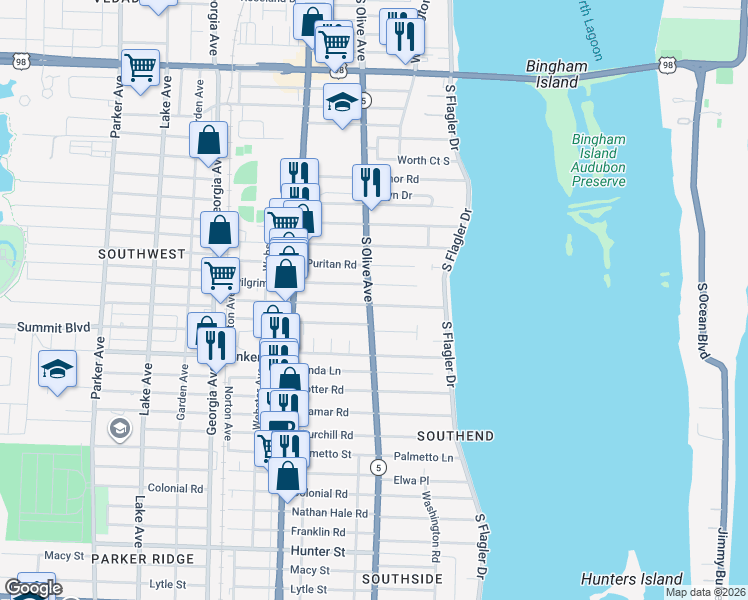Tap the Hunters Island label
pos(632,579)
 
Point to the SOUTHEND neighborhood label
pos(455,436)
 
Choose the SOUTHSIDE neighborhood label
pos(402,579)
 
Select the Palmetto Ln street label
pos(423,457)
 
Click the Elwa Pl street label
pos(411,480)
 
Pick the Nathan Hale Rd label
pos(330,513)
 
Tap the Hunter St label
pos(318,551)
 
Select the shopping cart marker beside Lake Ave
pos(141,68)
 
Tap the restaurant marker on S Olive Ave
pos(371,182)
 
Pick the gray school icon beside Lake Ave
pos(119,429)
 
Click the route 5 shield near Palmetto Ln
pos(378,467)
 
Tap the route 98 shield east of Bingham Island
pos(667,65)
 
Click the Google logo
pos(32,589)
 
